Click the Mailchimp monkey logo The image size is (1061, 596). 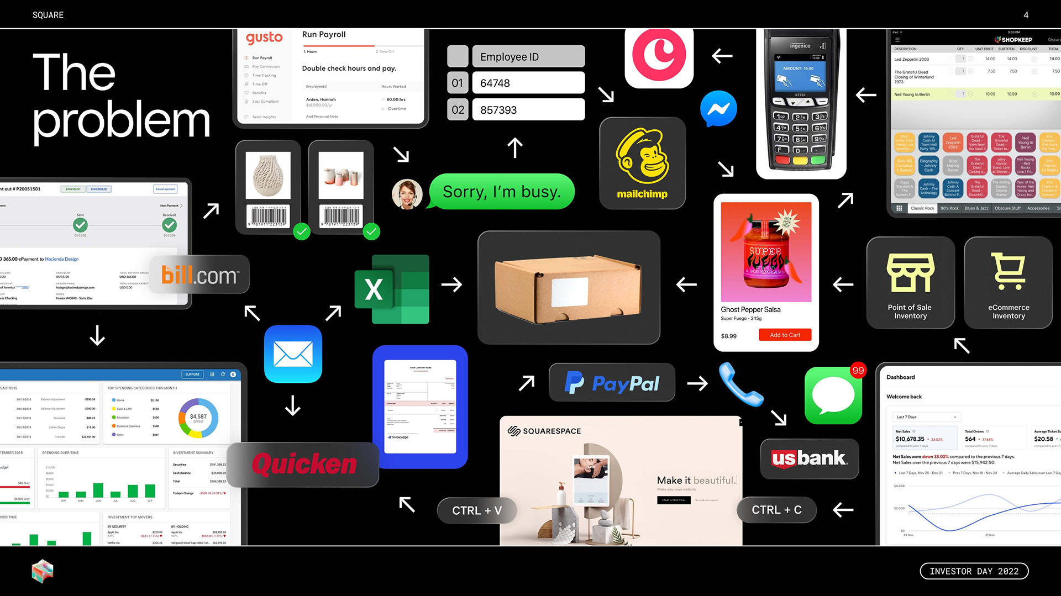click(642, 157)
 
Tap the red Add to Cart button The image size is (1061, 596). click(785, 335)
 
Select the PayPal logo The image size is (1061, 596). click(612, 382)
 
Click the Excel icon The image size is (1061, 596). click(392, 289)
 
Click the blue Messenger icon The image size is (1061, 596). click(718, 109)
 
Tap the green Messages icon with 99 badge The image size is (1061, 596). click(833, 395)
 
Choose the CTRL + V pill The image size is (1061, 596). click(477, 510)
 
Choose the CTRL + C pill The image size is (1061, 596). click(776, 510)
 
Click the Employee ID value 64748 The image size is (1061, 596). click(528, 83)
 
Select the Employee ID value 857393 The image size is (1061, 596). click(528, 110)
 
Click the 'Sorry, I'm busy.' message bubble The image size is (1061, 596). click(502, 192)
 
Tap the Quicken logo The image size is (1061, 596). click(304, 464)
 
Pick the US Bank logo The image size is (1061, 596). click(809, 458)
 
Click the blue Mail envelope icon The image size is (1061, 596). click(293, 354)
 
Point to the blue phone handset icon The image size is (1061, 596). click(740, 384)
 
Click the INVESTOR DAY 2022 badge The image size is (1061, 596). click(974, 571)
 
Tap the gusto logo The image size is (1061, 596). click(264, 38)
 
